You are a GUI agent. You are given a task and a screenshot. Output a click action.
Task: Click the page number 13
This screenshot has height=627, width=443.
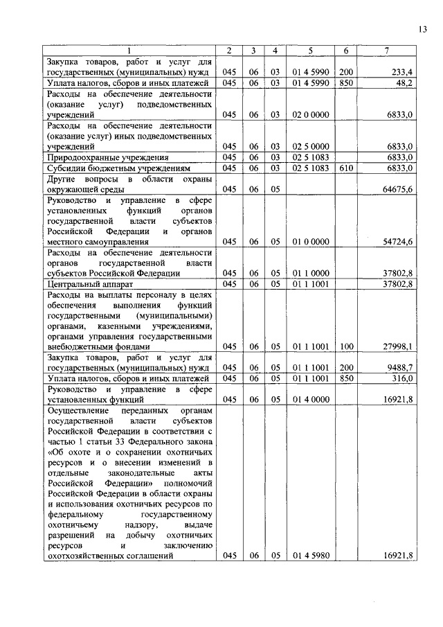(423, 28)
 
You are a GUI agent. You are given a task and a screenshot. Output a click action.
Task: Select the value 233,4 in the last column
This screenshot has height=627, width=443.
(402, 72)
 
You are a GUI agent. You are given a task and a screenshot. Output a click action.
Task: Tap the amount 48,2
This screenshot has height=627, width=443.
(404, 82)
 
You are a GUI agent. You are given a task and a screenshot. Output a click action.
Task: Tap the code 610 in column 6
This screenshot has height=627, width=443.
(345, 168)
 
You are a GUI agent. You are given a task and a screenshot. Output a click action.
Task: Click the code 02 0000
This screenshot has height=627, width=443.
(309, 114)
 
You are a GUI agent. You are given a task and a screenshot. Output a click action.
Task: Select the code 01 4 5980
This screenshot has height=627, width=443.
(309, 556)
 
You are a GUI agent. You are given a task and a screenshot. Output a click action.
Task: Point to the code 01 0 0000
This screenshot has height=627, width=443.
(309, 242)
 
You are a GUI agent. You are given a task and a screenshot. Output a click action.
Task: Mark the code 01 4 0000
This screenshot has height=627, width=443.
(309, 400)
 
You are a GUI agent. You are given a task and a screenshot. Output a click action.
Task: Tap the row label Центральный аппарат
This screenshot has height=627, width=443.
(84, 284)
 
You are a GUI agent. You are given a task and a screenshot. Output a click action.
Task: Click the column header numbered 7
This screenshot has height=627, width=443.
(386, 51)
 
